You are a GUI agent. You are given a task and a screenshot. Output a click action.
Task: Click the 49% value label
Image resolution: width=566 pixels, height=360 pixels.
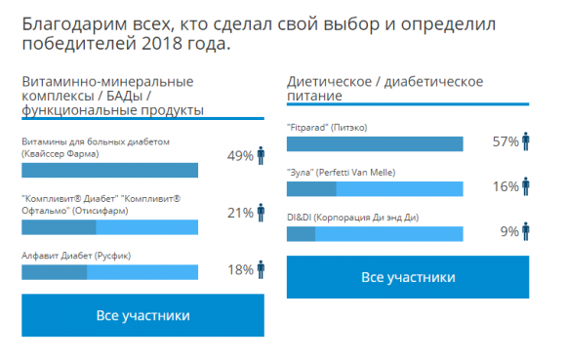coord(240,156)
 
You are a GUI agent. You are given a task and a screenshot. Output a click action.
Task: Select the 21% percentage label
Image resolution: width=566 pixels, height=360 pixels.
coord(240,213)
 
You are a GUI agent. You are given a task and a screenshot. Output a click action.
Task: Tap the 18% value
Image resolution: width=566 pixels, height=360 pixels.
coord(240,269)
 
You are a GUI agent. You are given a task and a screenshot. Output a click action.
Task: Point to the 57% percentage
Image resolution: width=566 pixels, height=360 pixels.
coord(505,141)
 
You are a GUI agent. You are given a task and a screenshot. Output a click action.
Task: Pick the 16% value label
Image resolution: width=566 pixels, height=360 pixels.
coord(505,186)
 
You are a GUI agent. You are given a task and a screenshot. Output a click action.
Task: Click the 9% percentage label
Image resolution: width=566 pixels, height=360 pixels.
coord(509,231)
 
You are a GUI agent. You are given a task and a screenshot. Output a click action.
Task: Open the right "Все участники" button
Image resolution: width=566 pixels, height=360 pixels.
coord(408,278)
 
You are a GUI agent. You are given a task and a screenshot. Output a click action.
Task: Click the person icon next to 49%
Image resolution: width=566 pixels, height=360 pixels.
coord(261,156)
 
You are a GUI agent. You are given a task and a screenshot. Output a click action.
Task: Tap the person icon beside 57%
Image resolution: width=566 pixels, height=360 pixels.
coord(525,141)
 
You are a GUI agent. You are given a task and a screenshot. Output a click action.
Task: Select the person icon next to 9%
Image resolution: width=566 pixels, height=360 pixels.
coord(525,231)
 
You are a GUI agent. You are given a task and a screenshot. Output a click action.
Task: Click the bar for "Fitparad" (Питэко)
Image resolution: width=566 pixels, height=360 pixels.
coord(375,144)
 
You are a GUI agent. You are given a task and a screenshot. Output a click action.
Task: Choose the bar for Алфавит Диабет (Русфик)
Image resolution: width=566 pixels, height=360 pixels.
coord(110,272)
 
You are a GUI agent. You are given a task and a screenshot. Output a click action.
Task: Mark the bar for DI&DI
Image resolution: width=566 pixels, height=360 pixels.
coord(375,234)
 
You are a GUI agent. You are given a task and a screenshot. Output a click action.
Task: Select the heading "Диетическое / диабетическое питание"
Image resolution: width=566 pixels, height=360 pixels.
coord(384,89)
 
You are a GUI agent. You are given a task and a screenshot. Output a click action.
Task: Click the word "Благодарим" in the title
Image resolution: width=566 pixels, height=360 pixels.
coord(69,21)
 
